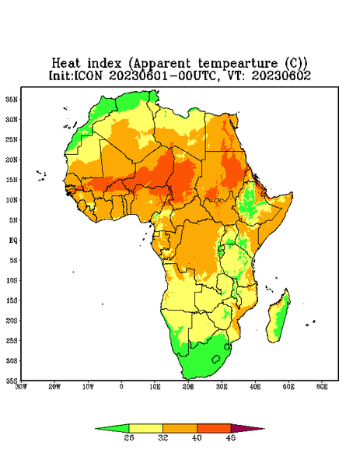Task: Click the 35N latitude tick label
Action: click(12, 99)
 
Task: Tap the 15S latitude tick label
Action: click(12, 300)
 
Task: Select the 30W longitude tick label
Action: click(21, 387)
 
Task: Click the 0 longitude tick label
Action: click(121, 387)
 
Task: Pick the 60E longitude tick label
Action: click(322, 387)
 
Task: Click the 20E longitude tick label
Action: click(188, 387)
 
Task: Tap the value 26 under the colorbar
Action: click(129, 437)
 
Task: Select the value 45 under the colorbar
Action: click(231, 437)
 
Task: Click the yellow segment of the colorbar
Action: click(145, 428)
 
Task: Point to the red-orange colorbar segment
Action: click(214, 428)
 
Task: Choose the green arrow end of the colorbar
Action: click(113, 428)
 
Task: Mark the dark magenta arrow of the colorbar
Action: click(246, 428)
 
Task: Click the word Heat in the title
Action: click(66, 63)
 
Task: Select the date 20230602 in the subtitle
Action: click(281, 75)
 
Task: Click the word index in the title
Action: click(104, 63)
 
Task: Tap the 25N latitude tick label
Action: click(12, 139)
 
